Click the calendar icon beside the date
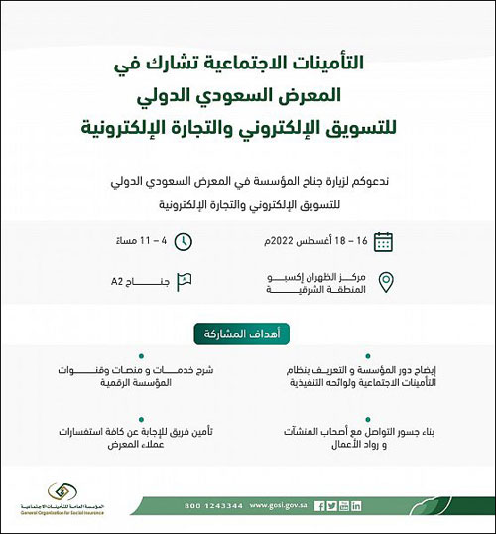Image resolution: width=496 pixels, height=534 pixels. tap(382, 241)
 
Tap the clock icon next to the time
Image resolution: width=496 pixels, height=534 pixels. tap(184, 241)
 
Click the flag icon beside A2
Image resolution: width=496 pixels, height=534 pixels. tap(184, 282)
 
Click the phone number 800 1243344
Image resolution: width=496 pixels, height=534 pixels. tap(211, 505)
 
